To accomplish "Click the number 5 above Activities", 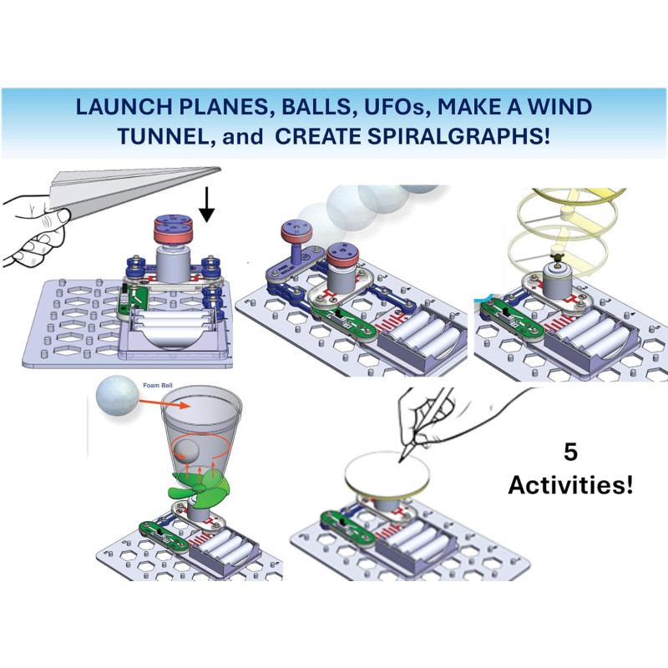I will pos(571,454).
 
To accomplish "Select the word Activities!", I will pos(571,485).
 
